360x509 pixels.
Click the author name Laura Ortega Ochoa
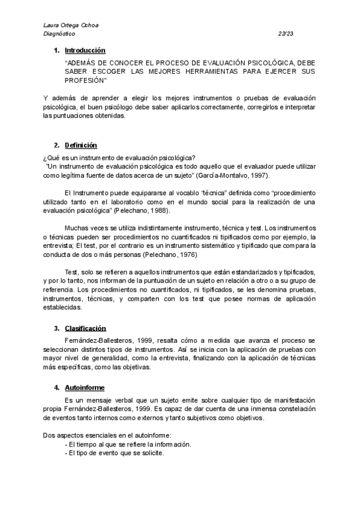[73, 26]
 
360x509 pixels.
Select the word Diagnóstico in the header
[60, 34]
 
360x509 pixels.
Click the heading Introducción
[85, 50]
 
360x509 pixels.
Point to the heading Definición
[81, 146]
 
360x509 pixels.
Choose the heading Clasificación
[85, 328]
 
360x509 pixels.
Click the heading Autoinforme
[84, 388]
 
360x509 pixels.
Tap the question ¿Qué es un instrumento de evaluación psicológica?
[115, 157]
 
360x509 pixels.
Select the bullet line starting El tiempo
[127, 444]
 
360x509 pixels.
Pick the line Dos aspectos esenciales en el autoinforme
[108, 435]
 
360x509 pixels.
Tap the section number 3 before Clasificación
[56, 328]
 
